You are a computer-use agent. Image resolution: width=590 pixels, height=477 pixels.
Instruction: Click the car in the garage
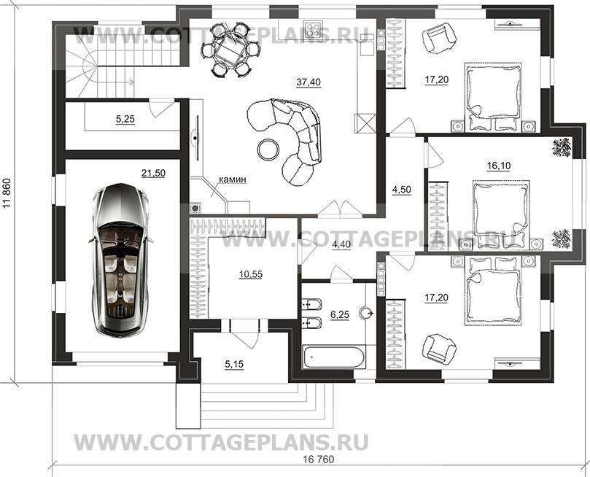tap(120, 260)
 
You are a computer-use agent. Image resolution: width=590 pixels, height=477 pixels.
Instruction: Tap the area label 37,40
tap(308, 82)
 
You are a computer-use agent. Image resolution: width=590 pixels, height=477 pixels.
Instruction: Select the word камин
tap(233, 179)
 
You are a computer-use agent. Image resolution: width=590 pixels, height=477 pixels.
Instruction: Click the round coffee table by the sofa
tap(268, 150)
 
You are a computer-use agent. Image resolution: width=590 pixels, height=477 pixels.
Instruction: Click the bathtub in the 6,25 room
tap(335, 357)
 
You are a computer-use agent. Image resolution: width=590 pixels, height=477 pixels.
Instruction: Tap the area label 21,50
tap(154, 174)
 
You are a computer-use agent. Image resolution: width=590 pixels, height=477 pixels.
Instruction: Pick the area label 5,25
tap(125, 120)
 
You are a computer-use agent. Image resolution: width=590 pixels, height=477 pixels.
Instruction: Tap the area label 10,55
tap(251, 275)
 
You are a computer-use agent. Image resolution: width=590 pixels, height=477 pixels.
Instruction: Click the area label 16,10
tap(498, 166)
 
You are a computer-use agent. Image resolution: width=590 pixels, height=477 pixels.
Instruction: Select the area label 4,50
tap(402, 190)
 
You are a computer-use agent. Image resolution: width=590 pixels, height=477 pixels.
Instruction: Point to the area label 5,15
tap(233, 364)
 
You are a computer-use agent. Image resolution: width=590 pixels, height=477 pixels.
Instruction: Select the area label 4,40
tap(341, 245)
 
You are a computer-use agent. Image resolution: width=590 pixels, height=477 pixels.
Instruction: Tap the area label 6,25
tap(339, 315)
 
